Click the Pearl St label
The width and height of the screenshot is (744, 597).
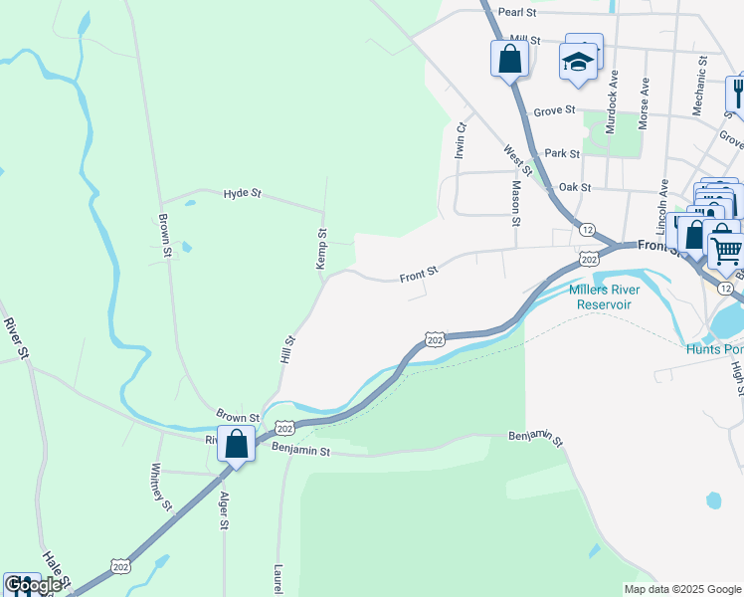(x=517, y=13)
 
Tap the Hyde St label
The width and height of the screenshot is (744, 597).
(x=242, y=193)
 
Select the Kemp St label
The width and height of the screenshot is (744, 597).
(x=321, y=248)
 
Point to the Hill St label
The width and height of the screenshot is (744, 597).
(x=289, y=347)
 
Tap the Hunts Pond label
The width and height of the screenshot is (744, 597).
(x=714, y=349)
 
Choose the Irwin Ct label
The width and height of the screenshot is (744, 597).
(x=460, y=140)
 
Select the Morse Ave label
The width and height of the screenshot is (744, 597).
(x=645, y=101)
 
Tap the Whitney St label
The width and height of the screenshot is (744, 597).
(x=159, y=486)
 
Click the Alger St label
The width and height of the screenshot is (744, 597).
(x=225, y=510)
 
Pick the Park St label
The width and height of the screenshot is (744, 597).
(x=563, y=154)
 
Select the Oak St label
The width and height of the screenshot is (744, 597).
(x=575, y=187)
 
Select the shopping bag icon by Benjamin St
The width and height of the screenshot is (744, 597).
(x=237, y=445)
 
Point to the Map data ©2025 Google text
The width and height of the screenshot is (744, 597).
(x=682, y=589)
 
